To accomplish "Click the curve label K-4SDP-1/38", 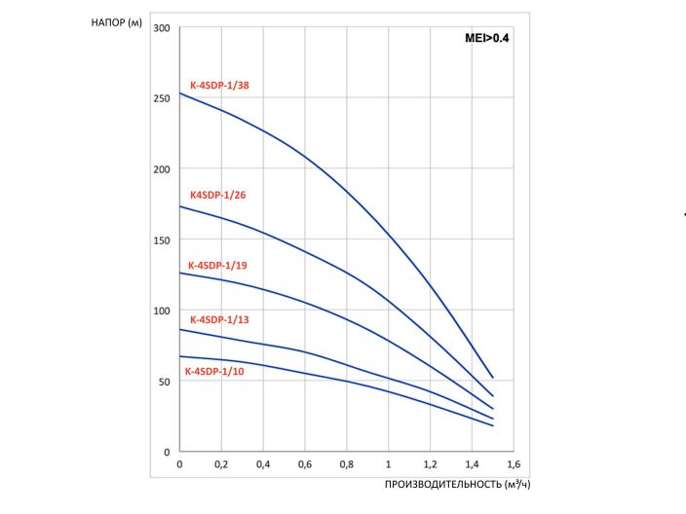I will pos(220,86).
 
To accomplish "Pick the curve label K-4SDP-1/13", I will pos(220,319).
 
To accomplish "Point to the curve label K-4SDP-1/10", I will pos(216,371).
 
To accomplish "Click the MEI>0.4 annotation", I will pos(487,39).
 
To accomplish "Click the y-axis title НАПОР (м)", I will pos(119,22).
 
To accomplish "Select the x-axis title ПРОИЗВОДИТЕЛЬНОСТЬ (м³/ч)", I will pos(457,484).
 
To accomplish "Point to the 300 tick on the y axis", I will pos(162,28).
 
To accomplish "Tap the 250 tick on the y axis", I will pos(162,98).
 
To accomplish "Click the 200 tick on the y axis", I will pos(162,169).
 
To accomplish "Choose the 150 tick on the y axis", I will pos(162,240).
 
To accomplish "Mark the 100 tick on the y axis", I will pos(162,311).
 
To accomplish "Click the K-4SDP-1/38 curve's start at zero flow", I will pos(180,93).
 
